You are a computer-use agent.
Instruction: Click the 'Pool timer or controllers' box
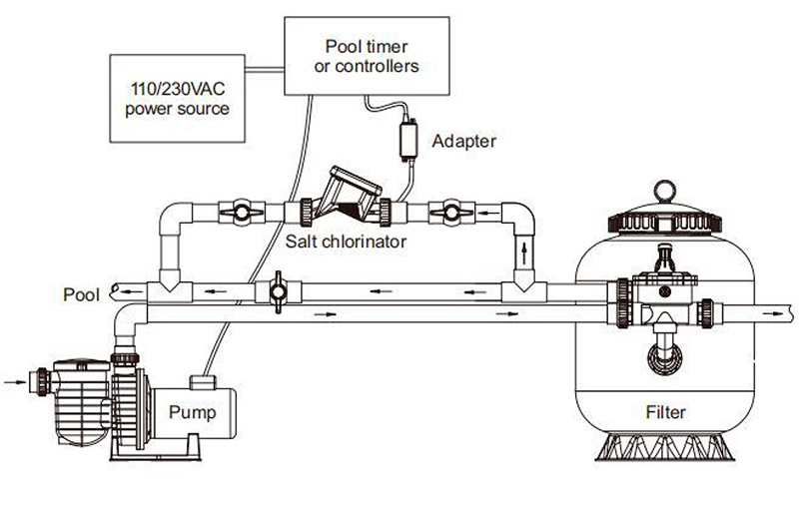coord(367,56)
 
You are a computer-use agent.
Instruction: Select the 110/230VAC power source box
coord(178,98)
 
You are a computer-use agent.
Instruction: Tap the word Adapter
coord(463,141)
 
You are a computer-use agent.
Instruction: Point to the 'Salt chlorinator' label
coord(346,241)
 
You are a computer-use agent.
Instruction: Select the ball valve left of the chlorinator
coord(242,213)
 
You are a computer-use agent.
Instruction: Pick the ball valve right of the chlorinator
coord(452,212)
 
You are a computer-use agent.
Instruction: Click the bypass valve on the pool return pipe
coord(279,292)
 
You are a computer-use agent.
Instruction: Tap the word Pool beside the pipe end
coord(81,294)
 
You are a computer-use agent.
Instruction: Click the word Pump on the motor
coord(192,412)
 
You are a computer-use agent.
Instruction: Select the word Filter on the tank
coord(665,412)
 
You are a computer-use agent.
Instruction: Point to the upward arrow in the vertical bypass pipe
coord(523,253)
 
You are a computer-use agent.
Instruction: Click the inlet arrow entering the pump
coord(15,381)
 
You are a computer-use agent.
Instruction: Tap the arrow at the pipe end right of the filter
coord(772,313)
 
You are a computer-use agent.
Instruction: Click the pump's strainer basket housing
coord(82,402)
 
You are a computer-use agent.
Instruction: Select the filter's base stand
coord(665,447)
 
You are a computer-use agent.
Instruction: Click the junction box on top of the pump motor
coord(203,382)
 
